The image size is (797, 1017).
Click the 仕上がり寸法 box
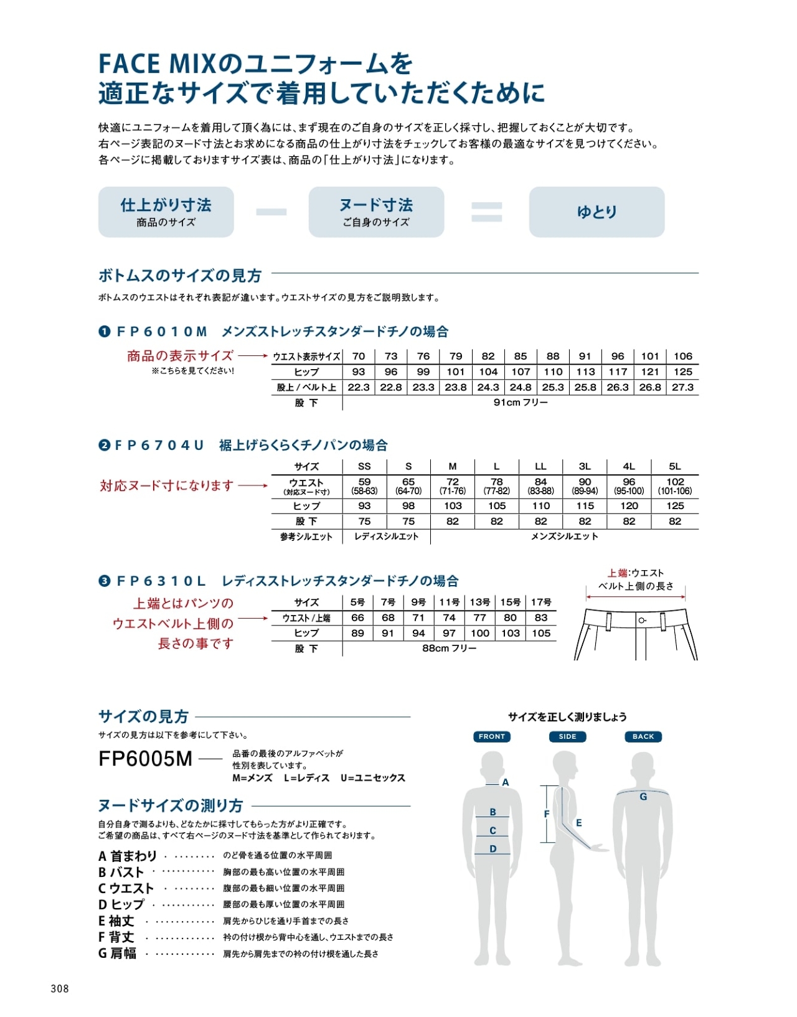166,212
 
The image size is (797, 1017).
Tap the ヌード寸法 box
376,212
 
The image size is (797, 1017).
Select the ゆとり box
597,212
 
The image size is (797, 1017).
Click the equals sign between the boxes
486,212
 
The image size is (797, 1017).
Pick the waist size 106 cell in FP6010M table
682,356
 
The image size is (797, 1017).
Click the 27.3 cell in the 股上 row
682,387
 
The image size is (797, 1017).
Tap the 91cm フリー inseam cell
521,403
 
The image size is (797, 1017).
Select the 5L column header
675,466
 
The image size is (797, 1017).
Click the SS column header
364,466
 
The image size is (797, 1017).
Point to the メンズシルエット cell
564,537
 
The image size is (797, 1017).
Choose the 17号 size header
541,602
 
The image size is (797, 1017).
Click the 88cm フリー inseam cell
449,649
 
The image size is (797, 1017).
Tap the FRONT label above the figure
492,736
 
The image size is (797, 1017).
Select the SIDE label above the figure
567,736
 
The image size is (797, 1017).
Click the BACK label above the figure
643,736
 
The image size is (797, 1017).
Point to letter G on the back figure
643,797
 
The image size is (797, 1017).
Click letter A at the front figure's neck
506,782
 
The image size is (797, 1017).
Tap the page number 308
60,988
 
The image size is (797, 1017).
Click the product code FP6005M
146,759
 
